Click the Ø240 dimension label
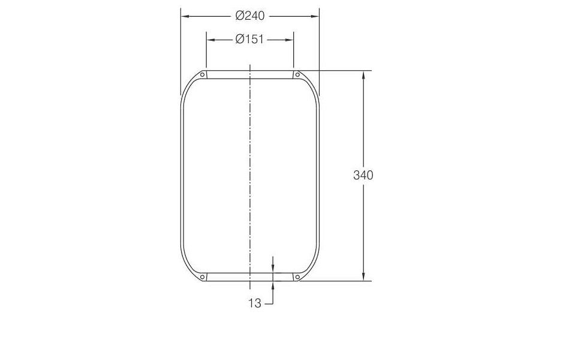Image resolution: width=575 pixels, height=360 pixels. (x=250, y=16)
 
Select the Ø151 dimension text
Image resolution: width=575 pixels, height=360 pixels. (x=249, y=39)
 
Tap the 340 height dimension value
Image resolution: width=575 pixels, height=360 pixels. (x=363, y=175)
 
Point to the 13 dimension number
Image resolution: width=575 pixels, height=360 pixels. (x=255, y=304)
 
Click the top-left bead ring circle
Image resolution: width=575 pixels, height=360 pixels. (x=202, y=75)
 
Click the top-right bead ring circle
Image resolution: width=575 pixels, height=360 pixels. (x=297, y=75)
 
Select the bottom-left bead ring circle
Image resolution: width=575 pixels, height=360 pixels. (x=202, y=277)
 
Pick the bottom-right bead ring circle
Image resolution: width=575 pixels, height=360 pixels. (x=297, y=277)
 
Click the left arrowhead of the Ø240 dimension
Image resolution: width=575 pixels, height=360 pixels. (x=185, y=16)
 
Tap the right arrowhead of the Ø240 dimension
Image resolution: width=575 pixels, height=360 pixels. (x=315, y=16)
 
